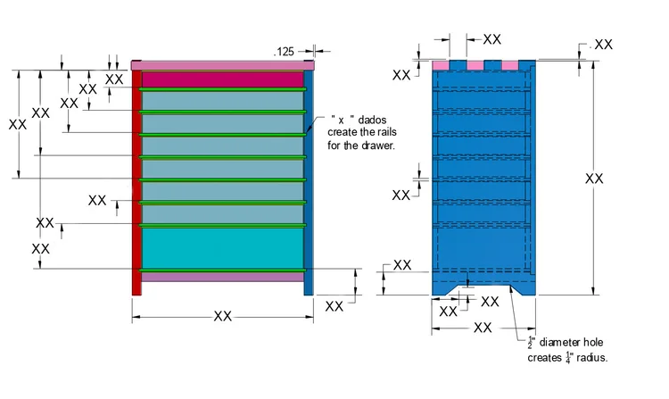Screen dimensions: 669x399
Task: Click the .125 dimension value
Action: pos(284,52)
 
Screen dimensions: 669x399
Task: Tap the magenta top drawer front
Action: pos(222,79)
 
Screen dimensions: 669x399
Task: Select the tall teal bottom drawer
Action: pos(222,248)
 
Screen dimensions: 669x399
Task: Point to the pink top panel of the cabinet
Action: pos(222,65)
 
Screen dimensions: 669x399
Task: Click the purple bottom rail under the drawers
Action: pos(222,277)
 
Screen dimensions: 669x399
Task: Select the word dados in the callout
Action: pos(372,120)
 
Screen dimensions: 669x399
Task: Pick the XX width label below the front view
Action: pos(222,316)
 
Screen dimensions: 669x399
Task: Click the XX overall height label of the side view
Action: pos(594,179)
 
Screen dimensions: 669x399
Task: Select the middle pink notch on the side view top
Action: pos(475,65)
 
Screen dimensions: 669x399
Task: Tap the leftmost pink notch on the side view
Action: pos(441,65)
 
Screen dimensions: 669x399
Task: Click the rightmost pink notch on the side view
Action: pos(510,65)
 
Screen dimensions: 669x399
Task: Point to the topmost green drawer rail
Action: pos(222,89)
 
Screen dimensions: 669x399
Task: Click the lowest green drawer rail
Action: pos(222,270)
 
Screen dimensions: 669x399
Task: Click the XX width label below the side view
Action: pos(483,328)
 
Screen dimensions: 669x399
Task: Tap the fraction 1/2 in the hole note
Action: pos(532,342)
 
